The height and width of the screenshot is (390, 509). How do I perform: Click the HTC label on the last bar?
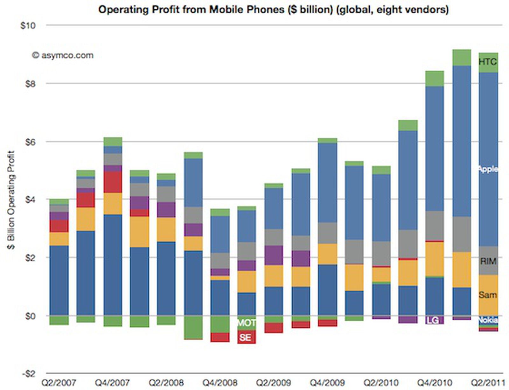(487, 61)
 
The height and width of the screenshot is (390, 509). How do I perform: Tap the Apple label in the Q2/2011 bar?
(488, 169)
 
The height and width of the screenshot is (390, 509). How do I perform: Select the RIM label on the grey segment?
(488, 261)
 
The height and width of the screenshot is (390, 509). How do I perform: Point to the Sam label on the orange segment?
(487, 295)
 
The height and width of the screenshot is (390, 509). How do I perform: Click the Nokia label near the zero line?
(488, 320)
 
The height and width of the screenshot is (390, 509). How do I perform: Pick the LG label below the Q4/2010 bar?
(433, 320)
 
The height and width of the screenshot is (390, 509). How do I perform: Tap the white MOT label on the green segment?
(246, 323)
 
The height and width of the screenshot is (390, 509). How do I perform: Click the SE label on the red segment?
(245, 337)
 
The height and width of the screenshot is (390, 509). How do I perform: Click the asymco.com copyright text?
(63, 55)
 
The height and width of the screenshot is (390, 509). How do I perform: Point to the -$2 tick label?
(28, 373)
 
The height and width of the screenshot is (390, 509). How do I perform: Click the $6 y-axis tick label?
(30, 142)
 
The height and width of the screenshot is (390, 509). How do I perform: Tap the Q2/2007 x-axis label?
(59, 382)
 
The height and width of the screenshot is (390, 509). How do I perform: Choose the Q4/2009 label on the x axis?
(327, 382)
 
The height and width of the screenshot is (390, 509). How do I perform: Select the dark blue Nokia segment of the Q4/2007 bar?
(113, 264)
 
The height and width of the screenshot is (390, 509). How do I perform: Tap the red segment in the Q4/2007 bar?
(113, 182)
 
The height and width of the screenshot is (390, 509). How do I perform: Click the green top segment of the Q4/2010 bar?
(435, 79)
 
